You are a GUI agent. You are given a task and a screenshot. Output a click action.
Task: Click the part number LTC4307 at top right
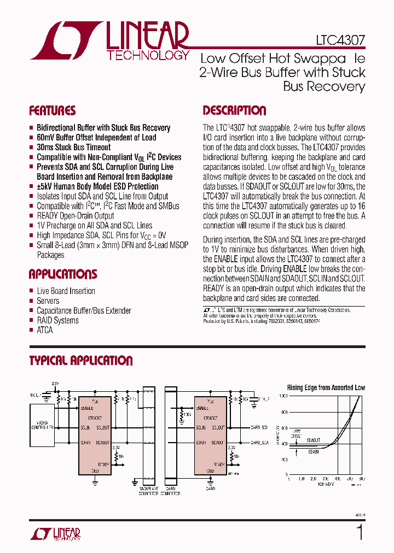click(340, 40)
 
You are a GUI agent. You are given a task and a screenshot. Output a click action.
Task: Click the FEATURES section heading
click(52, 111)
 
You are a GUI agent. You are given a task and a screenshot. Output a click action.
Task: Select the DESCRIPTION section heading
click(234, 111)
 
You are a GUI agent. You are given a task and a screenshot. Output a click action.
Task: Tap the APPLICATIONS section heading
click(62, 274)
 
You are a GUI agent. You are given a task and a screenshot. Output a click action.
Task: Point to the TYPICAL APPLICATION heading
click(80, 361)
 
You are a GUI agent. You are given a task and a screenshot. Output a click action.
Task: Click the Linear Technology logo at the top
click(109, 40)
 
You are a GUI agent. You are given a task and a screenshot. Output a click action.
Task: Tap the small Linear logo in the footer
click(54, 534)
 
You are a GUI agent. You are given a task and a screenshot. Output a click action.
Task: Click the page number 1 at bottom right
click(359, 532)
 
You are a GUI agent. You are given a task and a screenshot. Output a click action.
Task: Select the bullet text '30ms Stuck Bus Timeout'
click(73, 148)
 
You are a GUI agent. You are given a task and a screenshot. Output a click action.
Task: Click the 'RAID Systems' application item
click(57, 321)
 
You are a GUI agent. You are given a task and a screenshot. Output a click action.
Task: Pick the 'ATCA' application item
click(45, 331)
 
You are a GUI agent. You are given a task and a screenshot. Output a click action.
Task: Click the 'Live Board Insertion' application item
click(66, 291)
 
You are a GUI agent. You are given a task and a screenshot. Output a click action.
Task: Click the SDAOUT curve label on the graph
click(314, 439)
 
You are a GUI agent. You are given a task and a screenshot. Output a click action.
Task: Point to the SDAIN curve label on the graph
click(313, 452)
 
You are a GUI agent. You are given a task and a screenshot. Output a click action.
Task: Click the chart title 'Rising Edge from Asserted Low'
click(326, 387)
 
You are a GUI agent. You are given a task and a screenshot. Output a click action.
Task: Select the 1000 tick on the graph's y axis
click(283, 395)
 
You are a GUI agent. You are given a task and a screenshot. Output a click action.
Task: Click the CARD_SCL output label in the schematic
click(259, 427)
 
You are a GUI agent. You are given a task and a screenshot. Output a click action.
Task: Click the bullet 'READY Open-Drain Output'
click(76, 216)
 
